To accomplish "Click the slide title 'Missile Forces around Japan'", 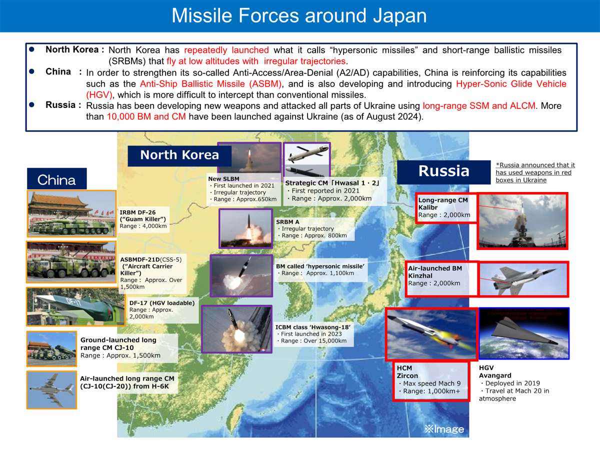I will [x=299, y=16].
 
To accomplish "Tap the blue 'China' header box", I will [x=57, y=180].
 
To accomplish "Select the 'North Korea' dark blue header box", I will [x=179, y=154].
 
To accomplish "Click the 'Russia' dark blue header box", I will [x=443, y=171].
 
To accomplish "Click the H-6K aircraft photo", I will [x=52, y=389].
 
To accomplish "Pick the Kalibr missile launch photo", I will [x=522, y=221].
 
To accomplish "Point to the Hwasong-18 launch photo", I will [x=236, y=329].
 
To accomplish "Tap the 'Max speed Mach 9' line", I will [x=426, y=383].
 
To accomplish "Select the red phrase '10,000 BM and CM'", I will [x=146, y=117].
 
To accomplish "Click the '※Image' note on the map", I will [x=444, y=429].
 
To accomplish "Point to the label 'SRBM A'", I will [x=287, y=221].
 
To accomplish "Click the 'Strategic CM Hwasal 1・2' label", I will [x=332, y=183].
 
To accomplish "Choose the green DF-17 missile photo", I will [x=75, y=306].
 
